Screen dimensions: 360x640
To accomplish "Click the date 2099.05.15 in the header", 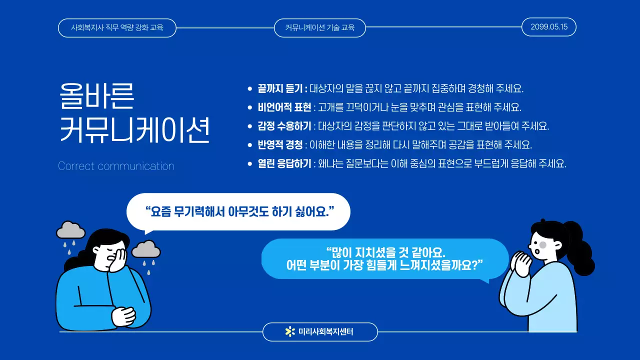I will point(548,27).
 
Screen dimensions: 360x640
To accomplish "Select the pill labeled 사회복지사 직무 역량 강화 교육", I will point(117,27).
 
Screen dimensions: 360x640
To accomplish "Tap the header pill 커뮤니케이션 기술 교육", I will point(320,27).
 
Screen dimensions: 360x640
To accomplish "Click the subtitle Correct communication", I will point(116,166).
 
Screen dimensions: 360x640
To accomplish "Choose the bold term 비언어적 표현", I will point(284,107).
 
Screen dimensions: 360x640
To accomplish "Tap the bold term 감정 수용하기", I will point(284,126).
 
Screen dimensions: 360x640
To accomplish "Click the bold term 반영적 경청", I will point(280,145).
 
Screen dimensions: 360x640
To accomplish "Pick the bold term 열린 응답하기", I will point(284,163).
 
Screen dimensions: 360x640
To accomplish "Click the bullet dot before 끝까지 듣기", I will point(250,89).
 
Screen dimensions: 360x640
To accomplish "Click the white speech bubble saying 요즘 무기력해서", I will point(238,211).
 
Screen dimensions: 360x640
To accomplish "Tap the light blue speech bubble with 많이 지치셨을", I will point(384,258).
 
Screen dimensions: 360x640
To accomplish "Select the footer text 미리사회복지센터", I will point(325,331).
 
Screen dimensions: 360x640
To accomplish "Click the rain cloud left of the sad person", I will point(70,230).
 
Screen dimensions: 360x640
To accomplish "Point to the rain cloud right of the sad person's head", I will point(145,248).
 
